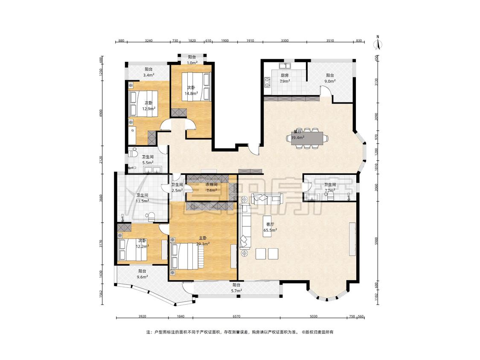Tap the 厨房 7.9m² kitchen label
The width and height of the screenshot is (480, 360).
(285, 78)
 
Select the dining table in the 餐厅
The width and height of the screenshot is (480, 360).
(307, 138)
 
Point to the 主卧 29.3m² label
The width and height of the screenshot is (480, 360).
(203, 241)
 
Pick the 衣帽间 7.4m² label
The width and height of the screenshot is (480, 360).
(211, 187)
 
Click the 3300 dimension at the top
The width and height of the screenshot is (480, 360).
(285, 41)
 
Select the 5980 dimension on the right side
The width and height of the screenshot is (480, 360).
(376, 241)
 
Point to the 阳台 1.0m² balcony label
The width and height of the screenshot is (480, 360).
(192, 60)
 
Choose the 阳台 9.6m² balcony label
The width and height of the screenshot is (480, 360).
(142, 274)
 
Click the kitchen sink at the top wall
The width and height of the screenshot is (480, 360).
(285, 66)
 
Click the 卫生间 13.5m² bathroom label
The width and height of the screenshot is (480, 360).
(143, 198)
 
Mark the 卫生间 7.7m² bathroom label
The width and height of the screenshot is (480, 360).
(330, 187)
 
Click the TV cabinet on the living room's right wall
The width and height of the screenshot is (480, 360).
(352, 239)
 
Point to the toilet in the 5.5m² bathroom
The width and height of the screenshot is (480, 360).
(133, 152)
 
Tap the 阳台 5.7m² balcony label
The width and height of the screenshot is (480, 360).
(236, 288)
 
